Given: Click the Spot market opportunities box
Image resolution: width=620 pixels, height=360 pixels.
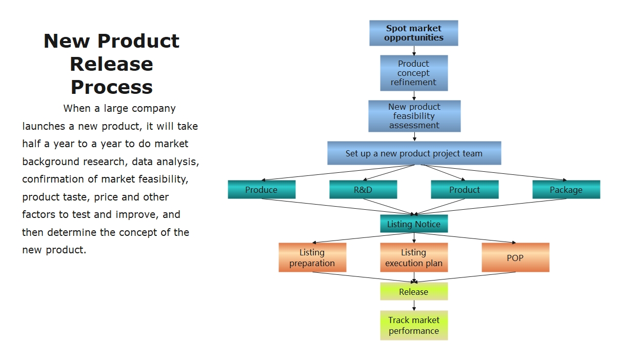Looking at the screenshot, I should pos(413,33).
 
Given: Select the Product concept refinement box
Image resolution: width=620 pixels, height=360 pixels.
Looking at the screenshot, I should pos(413,73).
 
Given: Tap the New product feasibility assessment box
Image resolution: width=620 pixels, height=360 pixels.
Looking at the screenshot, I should pos(414,116).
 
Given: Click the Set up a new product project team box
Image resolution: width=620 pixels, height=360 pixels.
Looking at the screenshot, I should pos(414,153).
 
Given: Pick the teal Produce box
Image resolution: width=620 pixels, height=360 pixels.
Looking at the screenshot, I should pos(261,190).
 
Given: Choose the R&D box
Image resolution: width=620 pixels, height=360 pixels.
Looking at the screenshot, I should pos(363,190).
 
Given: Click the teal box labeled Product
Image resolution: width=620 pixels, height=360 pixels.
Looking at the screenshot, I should pos(464,190).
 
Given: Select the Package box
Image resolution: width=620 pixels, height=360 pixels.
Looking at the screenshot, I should pos(566,190).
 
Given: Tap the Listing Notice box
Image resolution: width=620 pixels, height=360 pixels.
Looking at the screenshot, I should pos(413,224).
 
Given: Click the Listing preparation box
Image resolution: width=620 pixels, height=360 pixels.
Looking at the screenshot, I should pos(312,257).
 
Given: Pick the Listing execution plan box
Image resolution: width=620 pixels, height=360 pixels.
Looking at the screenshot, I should pos(413,257).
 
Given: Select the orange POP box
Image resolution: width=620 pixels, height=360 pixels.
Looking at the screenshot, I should pos(515,257).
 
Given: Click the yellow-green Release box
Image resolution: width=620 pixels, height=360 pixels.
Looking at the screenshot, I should pos(413,292).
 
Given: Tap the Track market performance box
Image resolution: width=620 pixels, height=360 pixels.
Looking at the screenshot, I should pos(413,325).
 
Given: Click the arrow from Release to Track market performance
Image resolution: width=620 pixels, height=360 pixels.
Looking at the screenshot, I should pos(414,305).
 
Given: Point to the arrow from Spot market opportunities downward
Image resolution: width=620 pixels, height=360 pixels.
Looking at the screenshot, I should pos(414,50).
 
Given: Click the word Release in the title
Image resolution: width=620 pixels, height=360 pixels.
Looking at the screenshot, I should pos(111,64).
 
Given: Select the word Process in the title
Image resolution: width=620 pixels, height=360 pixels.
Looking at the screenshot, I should pos(111,87).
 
